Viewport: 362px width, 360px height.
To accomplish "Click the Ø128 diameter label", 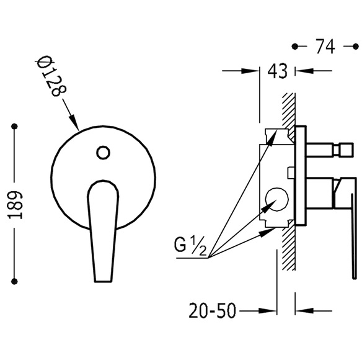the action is [52, 77].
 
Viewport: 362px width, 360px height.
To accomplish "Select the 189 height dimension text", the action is [15, 205].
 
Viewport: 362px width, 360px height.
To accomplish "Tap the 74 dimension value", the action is [325, 47].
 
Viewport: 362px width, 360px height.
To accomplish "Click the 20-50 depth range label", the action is [213, 310].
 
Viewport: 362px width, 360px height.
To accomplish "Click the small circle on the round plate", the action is [103, 153].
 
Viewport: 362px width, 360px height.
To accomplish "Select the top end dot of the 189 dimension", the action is [14, 126].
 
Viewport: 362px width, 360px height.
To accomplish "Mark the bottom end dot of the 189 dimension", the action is [14, 281].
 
